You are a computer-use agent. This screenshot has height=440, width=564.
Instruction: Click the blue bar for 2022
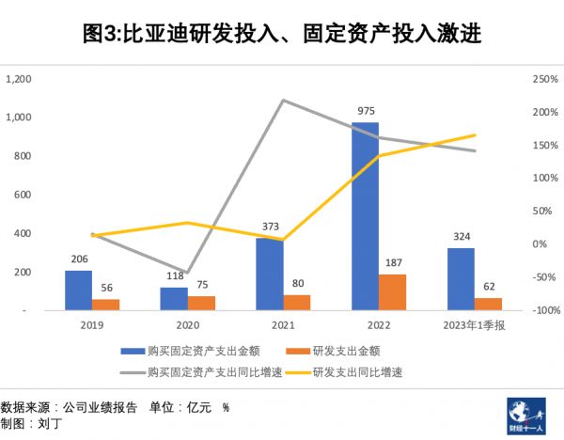click(366, 215)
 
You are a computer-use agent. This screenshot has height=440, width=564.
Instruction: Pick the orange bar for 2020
click(201, 303)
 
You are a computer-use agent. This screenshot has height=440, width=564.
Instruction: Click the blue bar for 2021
click(270, 274)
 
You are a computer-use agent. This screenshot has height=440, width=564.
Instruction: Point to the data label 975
click(366, 111)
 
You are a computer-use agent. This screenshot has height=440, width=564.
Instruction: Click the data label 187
click(393, 262)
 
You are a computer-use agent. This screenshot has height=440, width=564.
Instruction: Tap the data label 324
click(461, 236)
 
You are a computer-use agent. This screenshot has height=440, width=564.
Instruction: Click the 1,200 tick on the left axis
click(19, 79)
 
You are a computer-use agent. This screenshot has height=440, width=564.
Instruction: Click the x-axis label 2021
click(284, 325)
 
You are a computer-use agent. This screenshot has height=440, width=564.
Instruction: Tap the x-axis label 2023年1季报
click(475, 325)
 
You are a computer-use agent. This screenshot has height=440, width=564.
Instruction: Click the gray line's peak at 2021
click(284, 100)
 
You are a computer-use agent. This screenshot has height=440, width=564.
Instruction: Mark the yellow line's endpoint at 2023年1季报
click(475, 135)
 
